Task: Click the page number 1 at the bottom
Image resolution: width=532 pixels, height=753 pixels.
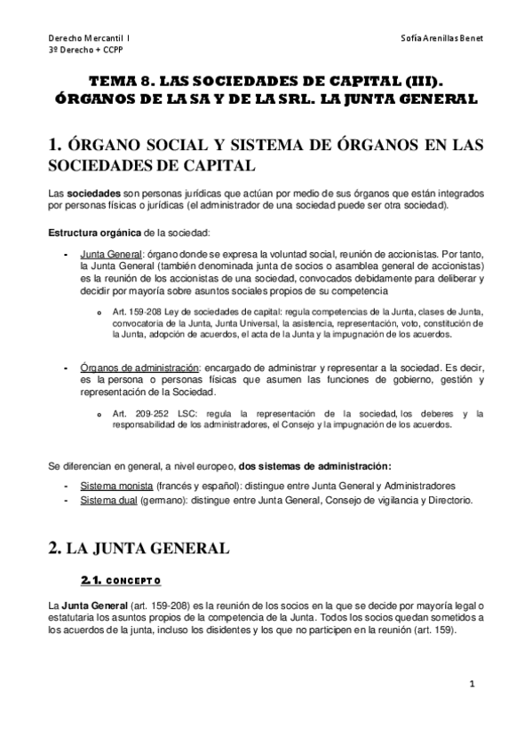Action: pos(472,684)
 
